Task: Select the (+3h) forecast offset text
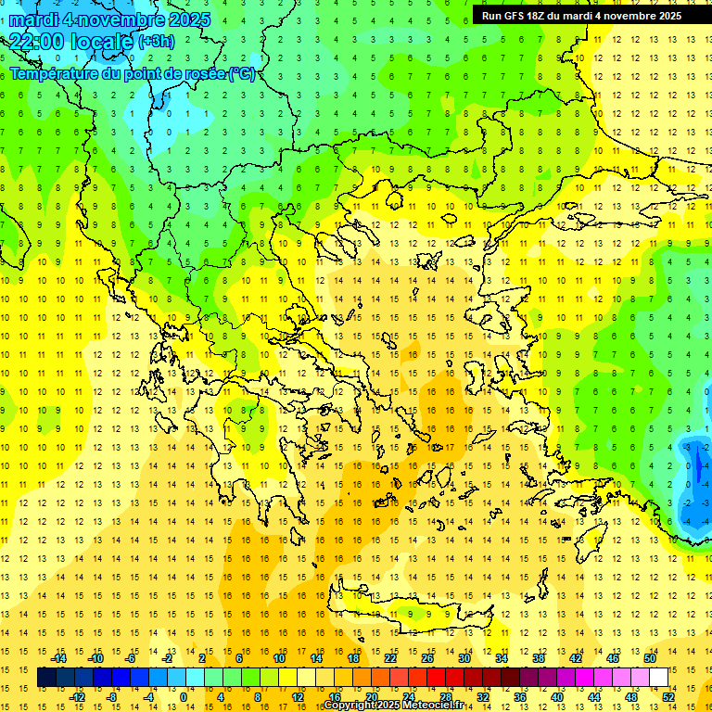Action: (x=156, y=41)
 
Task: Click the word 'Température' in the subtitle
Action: (x=55, y=73)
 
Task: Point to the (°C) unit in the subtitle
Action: (x=241, y=73)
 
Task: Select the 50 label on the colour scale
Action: (x=649, y=658)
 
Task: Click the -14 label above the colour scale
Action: (x=59, y=658)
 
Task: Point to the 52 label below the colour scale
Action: (x=668, y=697)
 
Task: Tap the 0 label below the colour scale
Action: (x=184, y=697)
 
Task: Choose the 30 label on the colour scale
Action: (x=464, y=658)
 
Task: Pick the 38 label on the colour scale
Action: (x=538, y=658)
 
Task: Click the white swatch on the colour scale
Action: (x=658, y=678)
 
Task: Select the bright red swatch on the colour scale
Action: (x=436, y=678)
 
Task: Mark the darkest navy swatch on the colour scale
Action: (x=46, y=678)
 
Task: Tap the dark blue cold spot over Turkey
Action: (x=697, y=468)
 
